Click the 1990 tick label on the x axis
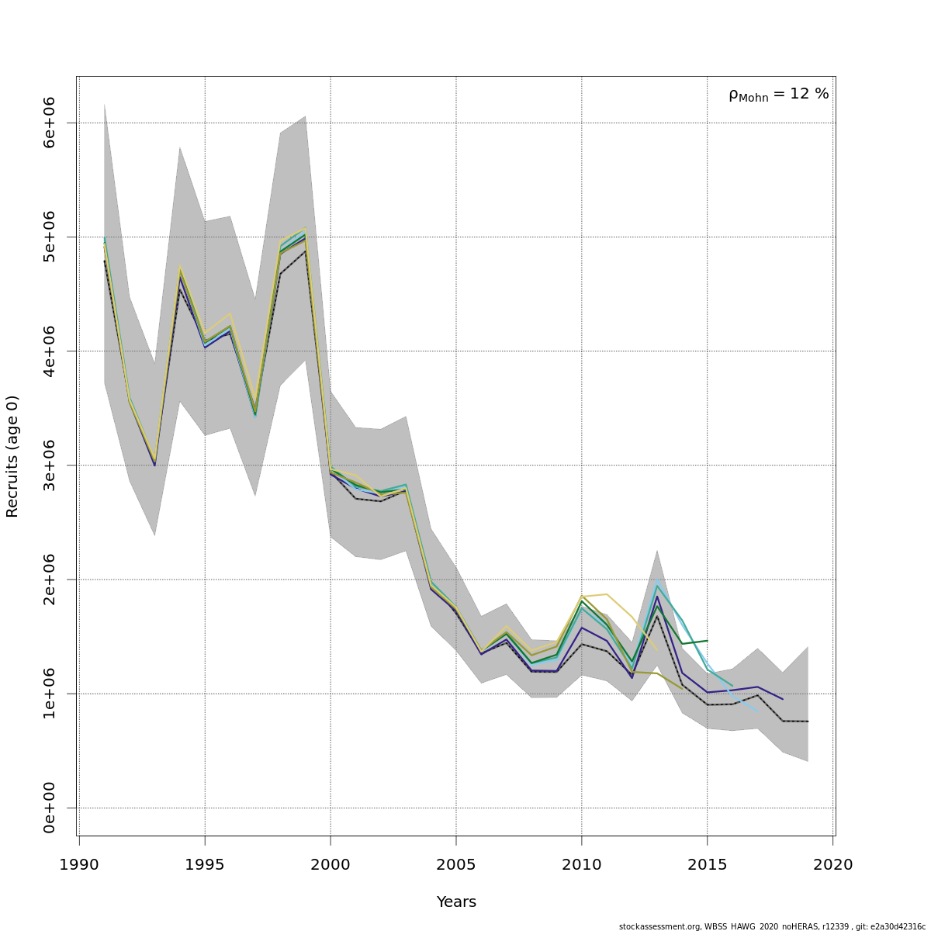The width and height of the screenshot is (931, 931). click(79, 864)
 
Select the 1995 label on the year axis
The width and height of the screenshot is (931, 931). click(205, 864)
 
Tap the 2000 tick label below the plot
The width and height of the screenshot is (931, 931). click(331, 864)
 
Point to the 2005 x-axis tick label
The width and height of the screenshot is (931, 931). click(456, 864)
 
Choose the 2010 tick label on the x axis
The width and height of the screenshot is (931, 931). click(582, 864)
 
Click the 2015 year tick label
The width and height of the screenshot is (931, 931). click(708, 864)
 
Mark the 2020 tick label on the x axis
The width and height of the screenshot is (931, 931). click(832, 864)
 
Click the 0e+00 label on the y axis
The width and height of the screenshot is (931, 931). click(50, 808)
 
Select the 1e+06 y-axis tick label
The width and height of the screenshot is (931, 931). click(50, 694)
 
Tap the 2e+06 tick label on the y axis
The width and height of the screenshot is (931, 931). click(50, 580)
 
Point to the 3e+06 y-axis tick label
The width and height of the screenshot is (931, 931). click(50, 465)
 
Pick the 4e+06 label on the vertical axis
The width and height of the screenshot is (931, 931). click(50, 351)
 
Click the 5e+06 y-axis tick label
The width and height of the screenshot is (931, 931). click(50, 237)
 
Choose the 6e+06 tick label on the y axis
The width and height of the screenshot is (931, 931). click(50, 123)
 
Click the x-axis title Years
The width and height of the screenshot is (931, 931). click(456, 902)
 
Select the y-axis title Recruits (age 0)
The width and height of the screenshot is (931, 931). click(12, 456)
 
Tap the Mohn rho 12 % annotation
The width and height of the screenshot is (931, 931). click(778, 95)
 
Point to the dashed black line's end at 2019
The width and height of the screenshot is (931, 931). click(808, 722)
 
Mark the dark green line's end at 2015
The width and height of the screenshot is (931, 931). click(707, 641)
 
